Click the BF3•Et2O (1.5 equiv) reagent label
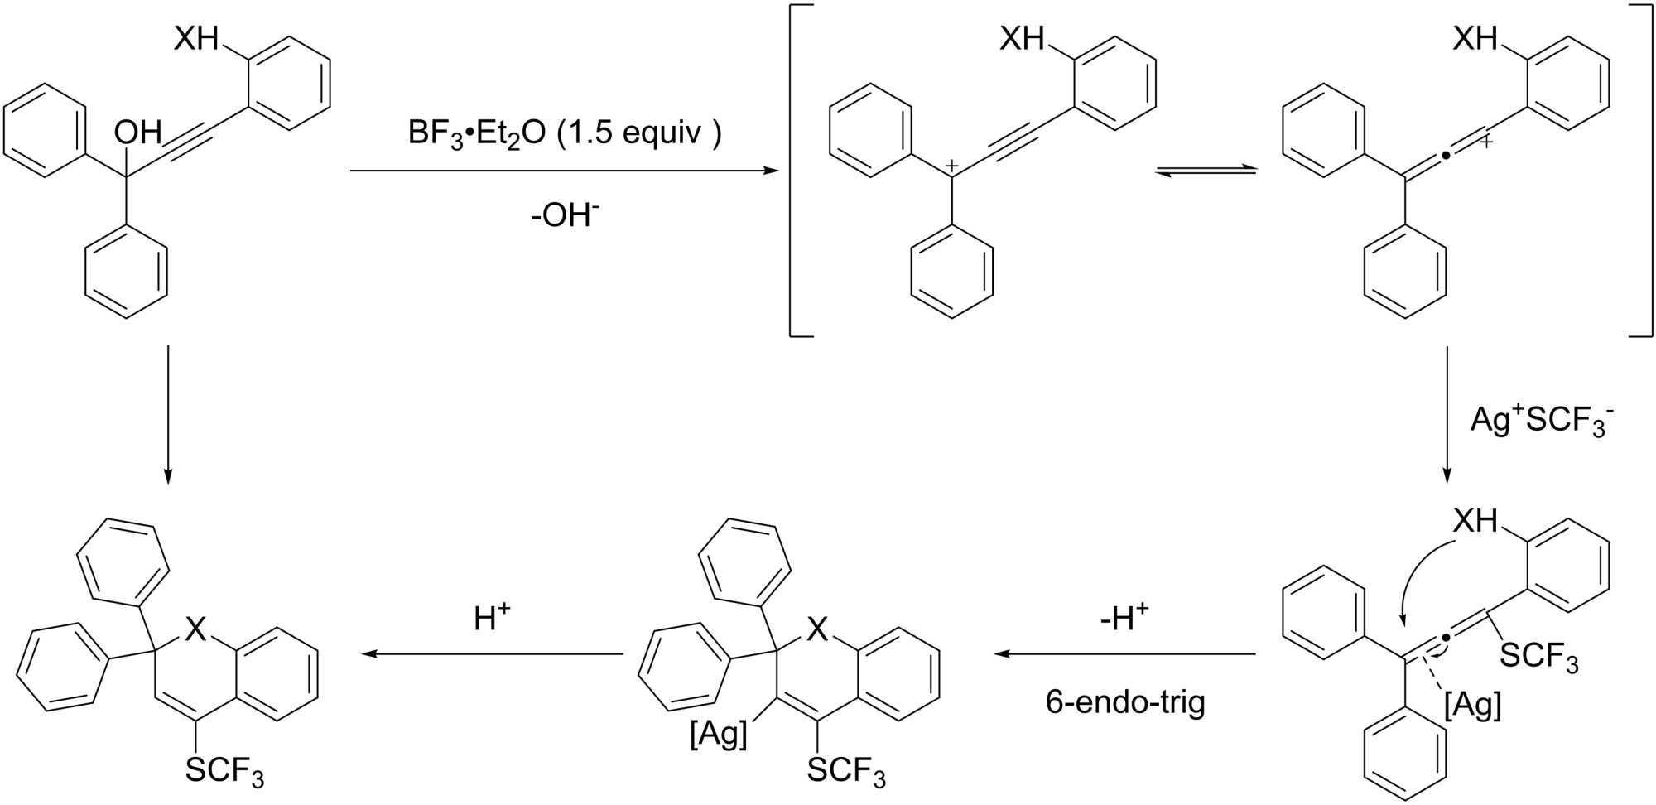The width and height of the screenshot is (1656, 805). (565, 133)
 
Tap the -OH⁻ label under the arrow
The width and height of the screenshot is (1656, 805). (565, 215)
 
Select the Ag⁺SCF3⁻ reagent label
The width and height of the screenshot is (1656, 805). (1541, 420)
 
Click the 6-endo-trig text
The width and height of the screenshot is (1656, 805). (1125, 702)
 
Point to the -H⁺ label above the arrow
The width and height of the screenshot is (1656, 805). (1125, 618)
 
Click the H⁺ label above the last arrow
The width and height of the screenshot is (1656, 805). (492, 618)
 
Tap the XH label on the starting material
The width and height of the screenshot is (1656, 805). (196, 38)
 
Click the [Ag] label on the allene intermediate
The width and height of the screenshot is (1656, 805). (1472, 705)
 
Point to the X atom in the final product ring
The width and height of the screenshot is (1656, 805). (195, 629)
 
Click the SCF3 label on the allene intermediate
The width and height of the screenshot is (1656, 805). (1539, 657)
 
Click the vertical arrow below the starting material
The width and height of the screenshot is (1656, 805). (168, 414)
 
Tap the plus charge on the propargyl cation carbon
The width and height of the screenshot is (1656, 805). (952, 166)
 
